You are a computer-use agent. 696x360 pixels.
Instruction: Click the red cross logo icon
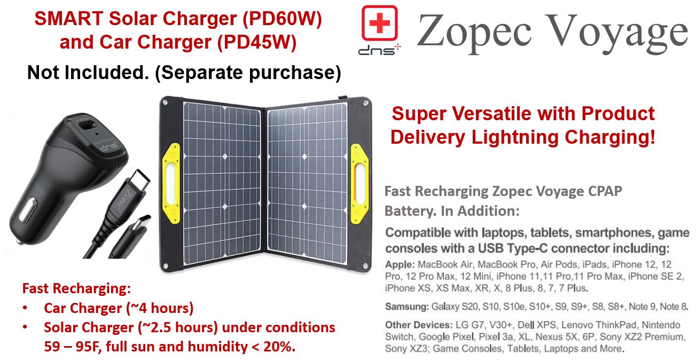pos(379,23)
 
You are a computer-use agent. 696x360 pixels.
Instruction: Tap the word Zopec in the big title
pos(474,33)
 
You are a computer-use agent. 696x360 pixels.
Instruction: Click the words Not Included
pos(88,72)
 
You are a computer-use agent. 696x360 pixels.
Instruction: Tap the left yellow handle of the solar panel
pos(171,183)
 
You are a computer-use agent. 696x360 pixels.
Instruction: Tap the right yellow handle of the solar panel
pos(359,184)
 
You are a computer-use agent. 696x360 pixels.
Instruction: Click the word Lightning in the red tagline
pos(515,137)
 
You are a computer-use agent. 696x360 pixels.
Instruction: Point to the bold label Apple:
pos(400,264)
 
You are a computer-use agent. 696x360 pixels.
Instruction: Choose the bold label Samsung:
pos(407,307)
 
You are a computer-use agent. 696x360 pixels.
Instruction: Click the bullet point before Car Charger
pos(25,308)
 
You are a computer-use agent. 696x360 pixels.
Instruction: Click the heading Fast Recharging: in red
pos(76,288)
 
